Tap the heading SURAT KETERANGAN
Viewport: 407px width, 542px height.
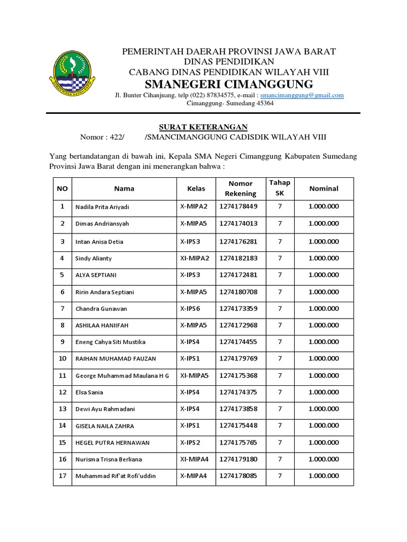tap(204, 127)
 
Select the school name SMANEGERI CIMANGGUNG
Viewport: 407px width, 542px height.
tap(229, 84)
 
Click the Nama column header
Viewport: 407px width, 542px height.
tap(124, 188)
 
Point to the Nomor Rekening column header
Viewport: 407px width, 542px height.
tap(241, 188)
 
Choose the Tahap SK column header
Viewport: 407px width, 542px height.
tap(280, 188)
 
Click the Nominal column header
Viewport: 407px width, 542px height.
tap(323, 188)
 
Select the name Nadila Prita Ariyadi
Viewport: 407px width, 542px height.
tap(102, 206)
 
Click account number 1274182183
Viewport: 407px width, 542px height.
tap(238, 258)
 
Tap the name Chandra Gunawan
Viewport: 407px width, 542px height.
tap(101, 309)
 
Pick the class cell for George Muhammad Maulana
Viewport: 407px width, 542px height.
tap(194, 375)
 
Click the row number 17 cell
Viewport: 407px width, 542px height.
tap(62, 476)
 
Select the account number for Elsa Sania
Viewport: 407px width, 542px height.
tap(238, 392)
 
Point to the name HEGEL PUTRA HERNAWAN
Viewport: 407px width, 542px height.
tap(112, 442)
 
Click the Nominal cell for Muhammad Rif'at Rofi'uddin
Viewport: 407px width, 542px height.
tap(323, 476)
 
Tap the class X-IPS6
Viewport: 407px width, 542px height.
tap(190, 309)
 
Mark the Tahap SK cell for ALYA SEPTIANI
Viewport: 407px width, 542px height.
tap(280, 275)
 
